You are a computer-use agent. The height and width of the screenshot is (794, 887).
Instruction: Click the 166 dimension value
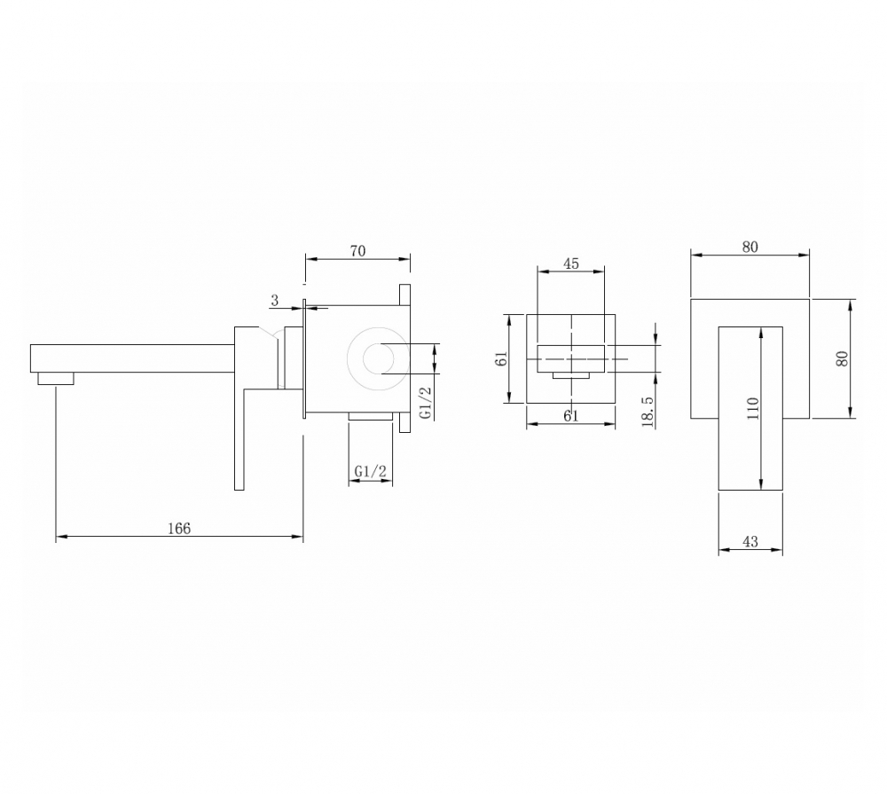tap(179, 529)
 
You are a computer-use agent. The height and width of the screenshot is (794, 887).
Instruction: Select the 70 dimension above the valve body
tap(357, 251)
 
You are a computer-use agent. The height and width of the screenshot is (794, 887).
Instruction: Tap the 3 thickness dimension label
tap(275, 302)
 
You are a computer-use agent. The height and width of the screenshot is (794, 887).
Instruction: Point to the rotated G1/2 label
tap(427, 402)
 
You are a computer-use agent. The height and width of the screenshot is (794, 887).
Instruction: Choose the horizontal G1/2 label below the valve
tap(370, 470)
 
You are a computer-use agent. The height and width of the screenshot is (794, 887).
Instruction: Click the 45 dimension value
tap(571, 263)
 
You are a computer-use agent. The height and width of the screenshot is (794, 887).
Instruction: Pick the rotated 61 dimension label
tap(502, 359)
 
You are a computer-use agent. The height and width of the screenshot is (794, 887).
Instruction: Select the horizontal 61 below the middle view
tap(570, 414)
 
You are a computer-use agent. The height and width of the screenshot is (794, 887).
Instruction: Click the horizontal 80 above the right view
tap(750, 248)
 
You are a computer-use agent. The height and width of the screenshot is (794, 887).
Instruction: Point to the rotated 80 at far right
tap(843, 358)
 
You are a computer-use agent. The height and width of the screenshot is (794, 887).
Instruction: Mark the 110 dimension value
tap(753, 408)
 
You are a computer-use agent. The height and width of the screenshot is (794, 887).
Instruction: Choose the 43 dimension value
tap(750, 542)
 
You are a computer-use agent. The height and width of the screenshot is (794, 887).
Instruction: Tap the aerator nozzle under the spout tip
tap(56, 380)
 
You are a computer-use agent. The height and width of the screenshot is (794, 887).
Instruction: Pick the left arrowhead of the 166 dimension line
tap(59, 537)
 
